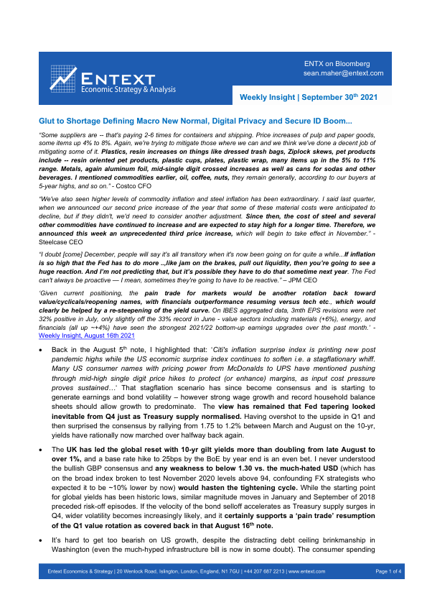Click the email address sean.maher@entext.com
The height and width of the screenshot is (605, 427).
(343, 73)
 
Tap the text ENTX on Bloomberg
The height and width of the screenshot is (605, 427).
(337, 64)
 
